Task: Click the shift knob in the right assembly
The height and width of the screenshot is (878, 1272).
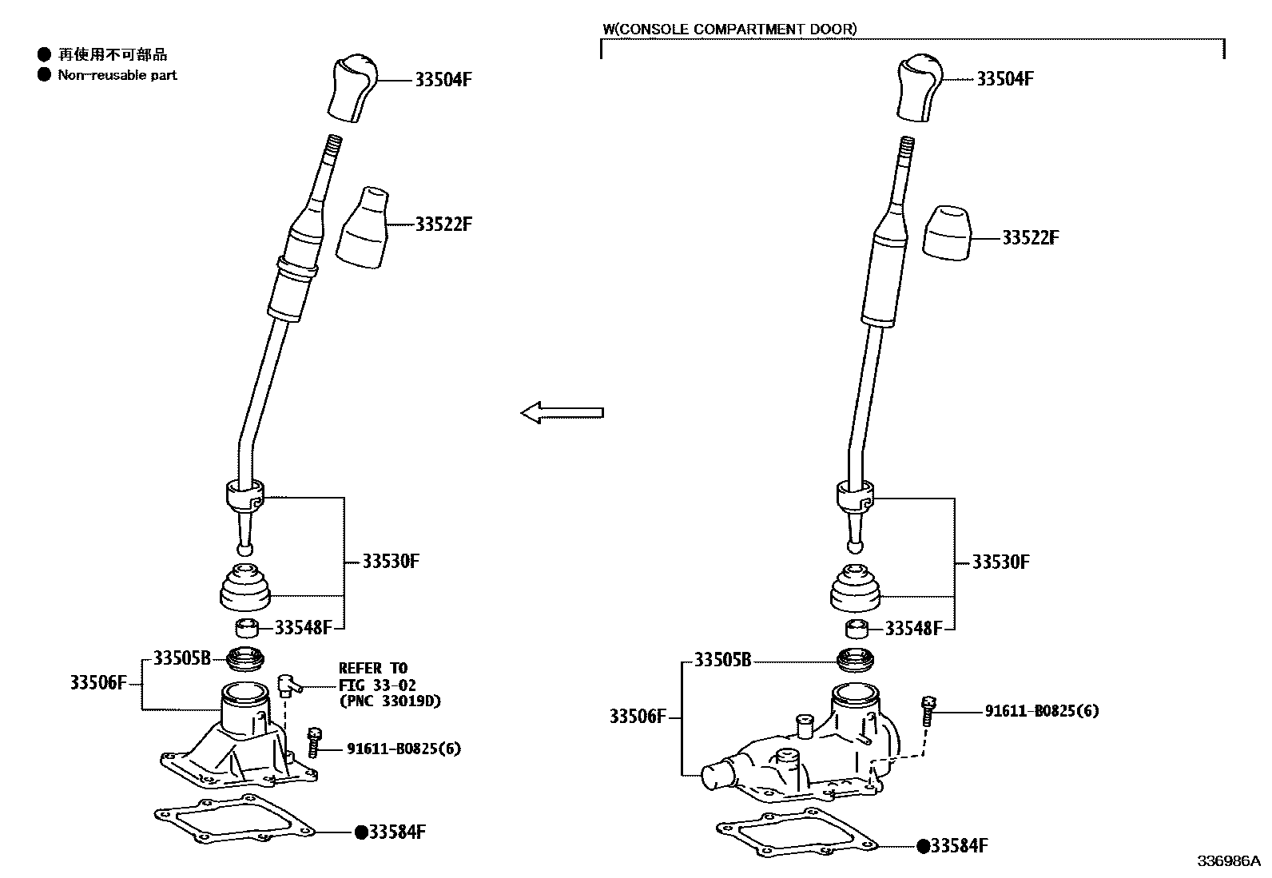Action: (x=921, y=88)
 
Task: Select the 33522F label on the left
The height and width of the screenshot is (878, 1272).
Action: (x=443, y=224)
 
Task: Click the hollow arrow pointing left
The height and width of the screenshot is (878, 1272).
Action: (x=562, y=413)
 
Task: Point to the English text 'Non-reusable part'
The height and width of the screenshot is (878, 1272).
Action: (x=117, y=75)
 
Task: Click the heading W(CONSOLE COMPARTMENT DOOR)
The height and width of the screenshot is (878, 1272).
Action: (x=729, y=30)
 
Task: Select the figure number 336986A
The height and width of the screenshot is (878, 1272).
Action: (x=1227, y=861)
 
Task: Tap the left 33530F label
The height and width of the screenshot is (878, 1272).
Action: (x=391, y=561)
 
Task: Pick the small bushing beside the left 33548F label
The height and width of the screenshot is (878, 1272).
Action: (x=248, y=626)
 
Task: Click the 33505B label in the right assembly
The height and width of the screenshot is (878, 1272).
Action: (x=722, y=661)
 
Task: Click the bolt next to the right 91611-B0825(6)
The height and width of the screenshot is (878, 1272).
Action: (x=929, y=709)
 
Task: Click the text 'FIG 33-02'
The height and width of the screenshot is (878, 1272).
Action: (x=377, y=685)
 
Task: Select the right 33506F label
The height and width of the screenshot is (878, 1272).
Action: (x=638, y=717)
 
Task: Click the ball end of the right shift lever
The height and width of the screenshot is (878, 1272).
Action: (x=855, y=547)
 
